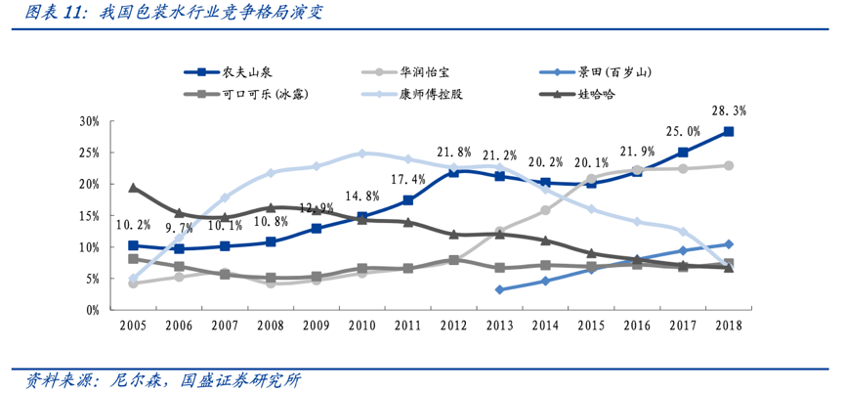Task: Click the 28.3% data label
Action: tap(728, 110)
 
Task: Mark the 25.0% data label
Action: tap(683, 132)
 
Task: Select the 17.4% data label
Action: tap(407, 180)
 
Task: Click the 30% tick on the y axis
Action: tap(90, 121)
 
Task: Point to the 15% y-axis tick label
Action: tap(90, 215)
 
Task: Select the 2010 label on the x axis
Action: tap(361, 326)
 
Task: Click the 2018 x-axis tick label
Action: tap(728, 326)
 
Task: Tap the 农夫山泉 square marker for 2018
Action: tap(729, 131)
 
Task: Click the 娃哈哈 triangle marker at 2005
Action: tap(133, 188)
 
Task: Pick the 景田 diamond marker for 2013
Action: tap(499, 289)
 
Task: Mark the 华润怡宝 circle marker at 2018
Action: tap(729, 165)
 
